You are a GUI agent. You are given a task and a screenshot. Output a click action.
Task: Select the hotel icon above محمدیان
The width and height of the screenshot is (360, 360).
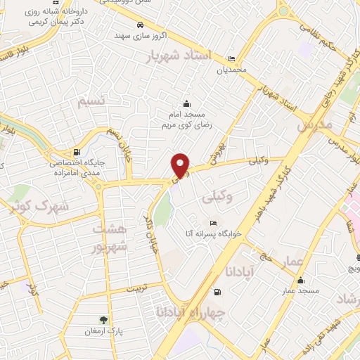coord(232,58)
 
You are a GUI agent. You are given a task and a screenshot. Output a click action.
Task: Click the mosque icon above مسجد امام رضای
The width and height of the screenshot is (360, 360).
coord(186,104)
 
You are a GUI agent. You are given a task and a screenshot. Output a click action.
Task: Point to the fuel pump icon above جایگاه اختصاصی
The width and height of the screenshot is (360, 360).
coord(76,151)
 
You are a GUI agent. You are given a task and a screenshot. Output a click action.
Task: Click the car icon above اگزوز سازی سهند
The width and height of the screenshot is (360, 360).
coord(141,24)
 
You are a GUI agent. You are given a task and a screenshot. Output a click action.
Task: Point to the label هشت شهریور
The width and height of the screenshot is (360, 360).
coord(111,238)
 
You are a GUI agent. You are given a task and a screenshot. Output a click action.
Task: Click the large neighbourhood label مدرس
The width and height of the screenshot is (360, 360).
coord(314,125)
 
